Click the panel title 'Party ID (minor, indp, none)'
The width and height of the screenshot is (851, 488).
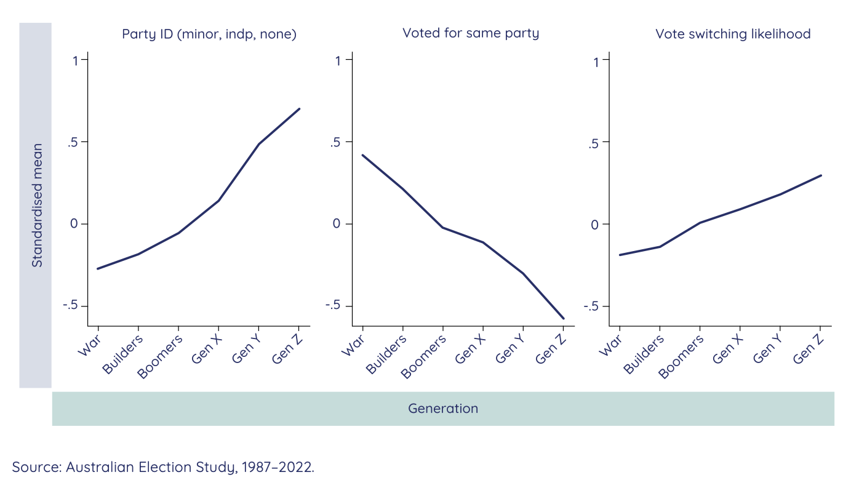pos(209,34)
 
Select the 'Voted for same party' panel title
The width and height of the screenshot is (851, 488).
pos(471,33)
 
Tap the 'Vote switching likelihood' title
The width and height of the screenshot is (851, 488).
pos(733,34)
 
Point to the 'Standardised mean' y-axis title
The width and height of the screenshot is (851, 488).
pos(37,206)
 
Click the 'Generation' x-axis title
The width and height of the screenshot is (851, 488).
pos(443,409)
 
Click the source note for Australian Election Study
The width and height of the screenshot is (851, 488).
pos(163,467)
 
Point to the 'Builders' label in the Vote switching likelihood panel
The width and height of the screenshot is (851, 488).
pos(642,355)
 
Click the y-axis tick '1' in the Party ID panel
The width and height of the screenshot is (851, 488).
pos(75,60)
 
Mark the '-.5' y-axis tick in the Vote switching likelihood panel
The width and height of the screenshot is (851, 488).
pos(592,306)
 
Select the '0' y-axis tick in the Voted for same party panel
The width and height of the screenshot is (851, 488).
pos(337,224)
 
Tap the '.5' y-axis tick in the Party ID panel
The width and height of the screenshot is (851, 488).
pos(74,142)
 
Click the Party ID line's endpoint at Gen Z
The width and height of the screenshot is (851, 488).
pos(299,109)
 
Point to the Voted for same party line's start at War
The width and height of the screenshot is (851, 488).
pos(362,155)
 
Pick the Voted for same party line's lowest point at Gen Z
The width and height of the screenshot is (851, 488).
pos(563,319)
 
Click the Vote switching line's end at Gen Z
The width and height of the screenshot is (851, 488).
pos(821,175)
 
